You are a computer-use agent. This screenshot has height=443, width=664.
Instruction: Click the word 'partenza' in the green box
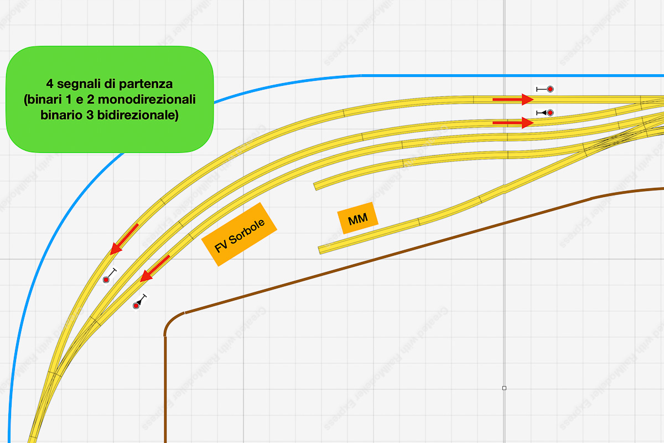[148, 85]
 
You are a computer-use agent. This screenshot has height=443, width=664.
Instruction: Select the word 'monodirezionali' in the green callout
[156, 100]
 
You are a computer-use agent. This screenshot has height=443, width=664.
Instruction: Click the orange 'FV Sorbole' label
[238, 234]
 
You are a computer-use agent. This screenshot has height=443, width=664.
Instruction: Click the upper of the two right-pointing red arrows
[512, 99]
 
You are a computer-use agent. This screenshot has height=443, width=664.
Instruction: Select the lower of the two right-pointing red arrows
[512, 123]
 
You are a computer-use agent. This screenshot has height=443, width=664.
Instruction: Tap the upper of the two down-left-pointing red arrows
[124, 239]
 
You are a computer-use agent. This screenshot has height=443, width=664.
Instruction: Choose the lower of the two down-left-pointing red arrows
[154, 269]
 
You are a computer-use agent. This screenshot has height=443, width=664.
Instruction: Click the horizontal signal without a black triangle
[545, 89]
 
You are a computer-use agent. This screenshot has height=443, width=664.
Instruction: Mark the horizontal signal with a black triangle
[545, 112]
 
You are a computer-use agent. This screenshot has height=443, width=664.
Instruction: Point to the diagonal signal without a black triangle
[110, 276]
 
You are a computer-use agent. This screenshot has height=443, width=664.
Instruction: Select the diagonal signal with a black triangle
[140, 301]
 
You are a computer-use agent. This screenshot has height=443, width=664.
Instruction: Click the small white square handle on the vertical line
[504, 388]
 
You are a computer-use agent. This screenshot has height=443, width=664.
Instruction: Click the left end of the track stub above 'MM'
[317, 186]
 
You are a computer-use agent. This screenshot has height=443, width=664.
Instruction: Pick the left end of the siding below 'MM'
[321, 250]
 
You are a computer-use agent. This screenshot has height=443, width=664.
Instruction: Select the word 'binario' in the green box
[59, 116]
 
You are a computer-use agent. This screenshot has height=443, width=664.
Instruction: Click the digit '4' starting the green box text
[50, 85]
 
